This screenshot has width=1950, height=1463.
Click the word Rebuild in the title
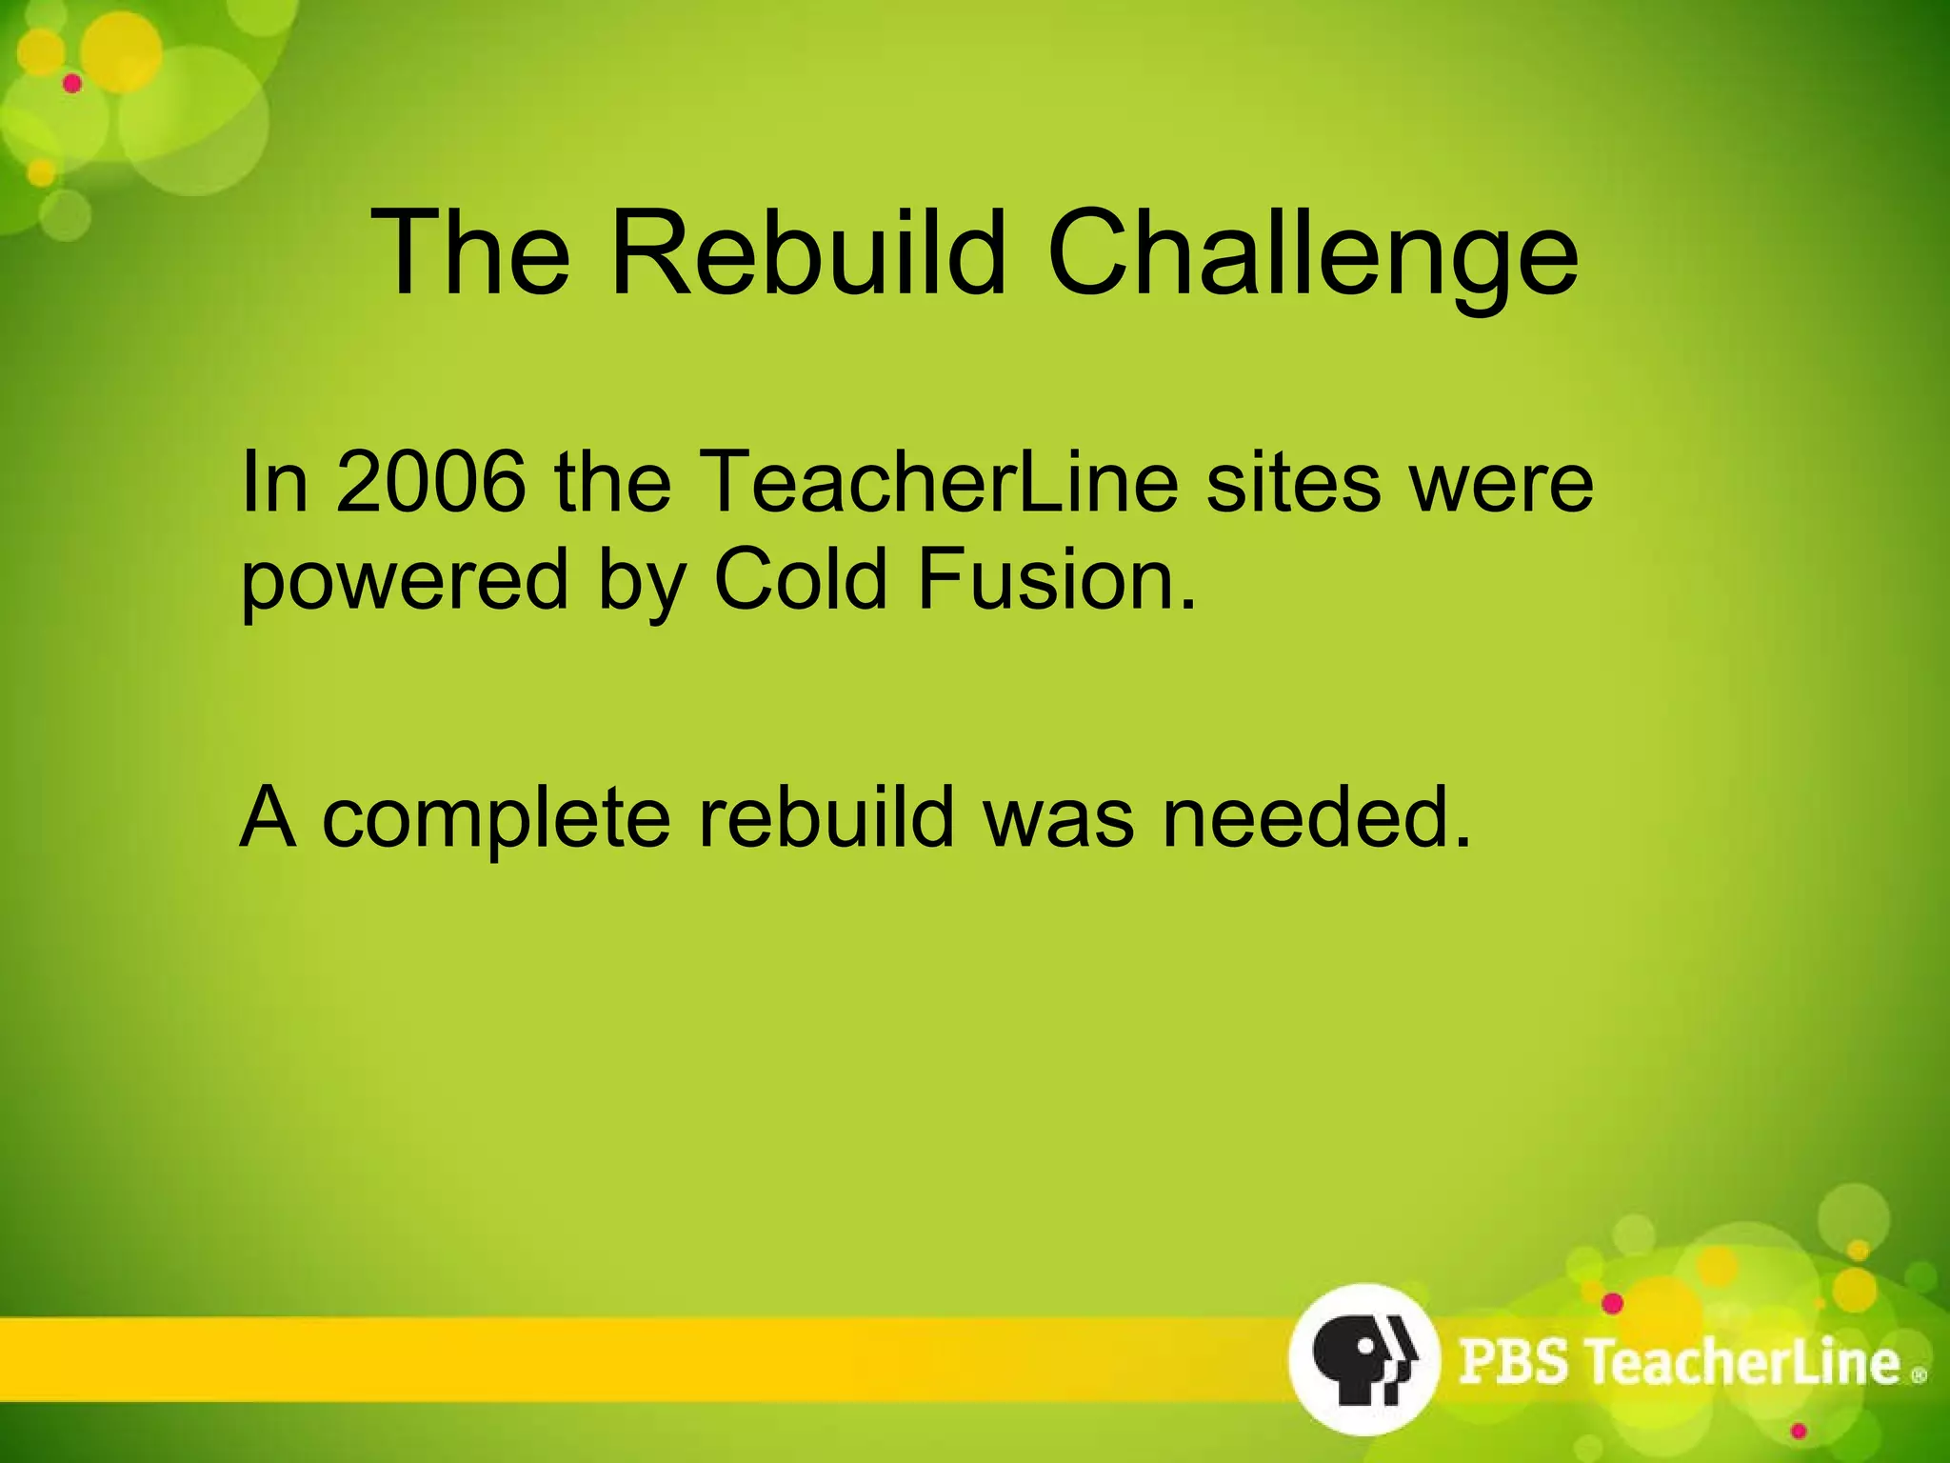[807, 252]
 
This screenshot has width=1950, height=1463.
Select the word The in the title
[470, 252]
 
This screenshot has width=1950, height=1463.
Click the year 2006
[431, 482]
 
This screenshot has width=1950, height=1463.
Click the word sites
[1292, 482]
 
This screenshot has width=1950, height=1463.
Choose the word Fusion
[1056, 578]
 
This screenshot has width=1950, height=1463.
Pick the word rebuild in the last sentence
[826, 816]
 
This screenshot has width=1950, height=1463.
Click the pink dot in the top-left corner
[72, 84]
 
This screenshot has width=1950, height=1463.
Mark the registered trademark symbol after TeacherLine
[1919, 1375]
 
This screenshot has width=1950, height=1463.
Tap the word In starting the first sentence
[274, 482]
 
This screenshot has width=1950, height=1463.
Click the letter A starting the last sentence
[268, 816]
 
